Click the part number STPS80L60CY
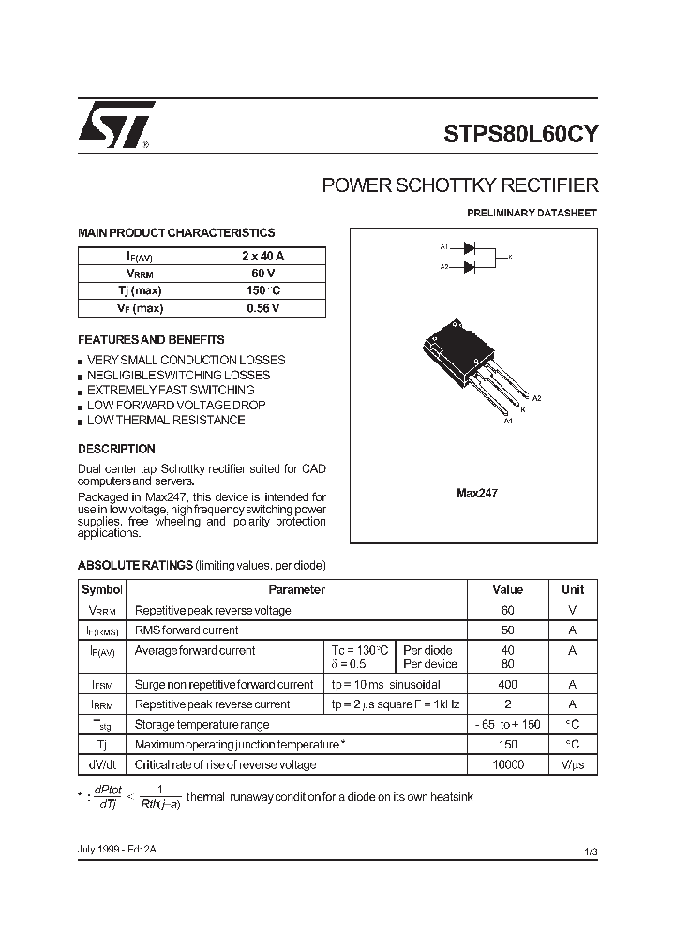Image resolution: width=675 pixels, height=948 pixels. pyautogui.click(x=520, y=133)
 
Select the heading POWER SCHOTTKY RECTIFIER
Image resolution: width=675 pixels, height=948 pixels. pyautogui.click(x=459, y=185)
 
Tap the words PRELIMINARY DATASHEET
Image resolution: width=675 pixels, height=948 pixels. pyautogui.click(x=532, y=213)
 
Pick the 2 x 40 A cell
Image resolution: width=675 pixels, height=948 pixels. pyautogui.click(x=262, y=257)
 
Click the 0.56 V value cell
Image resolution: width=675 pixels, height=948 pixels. pyautogui.click(x=262, y=308)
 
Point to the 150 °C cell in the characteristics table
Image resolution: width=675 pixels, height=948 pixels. pyautogui.click(x=262, y=291)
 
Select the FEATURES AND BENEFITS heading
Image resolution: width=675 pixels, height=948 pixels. pyautogui.click(x=151, y=340)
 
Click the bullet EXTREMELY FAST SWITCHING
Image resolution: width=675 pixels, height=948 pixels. pyautogui.click(x=171, y=390)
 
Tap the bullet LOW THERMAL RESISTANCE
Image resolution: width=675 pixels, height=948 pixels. pyautogui.click(x=166, y=420)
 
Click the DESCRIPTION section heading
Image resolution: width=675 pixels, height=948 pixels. pyautogui.click(x=116, y=449)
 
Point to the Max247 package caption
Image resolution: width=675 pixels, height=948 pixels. pyautogui.click(x=476, y=492)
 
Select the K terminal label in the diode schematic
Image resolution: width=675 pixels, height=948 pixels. pyautogui.click(x=511, y=257)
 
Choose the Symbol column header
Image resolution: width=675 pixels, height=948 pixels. pyautogui.click(x=102, y=589)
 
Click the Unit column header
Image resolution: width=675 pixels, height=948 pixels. pyautogui.click(x=572, y=589)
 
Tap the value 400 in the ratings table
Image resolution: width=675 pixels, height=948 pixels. pyautogui.click(x=507, y=685)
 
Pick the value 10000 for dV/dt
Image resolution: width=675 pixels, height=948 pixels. pyautogui.click(x=507, y=764)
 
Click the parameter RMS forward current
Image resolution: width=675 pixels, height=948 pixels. pyautogui.click(x=187, y=630)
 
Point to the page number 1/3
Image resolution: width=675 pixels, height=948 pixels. pyautogui.click(x=590, y=851)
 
